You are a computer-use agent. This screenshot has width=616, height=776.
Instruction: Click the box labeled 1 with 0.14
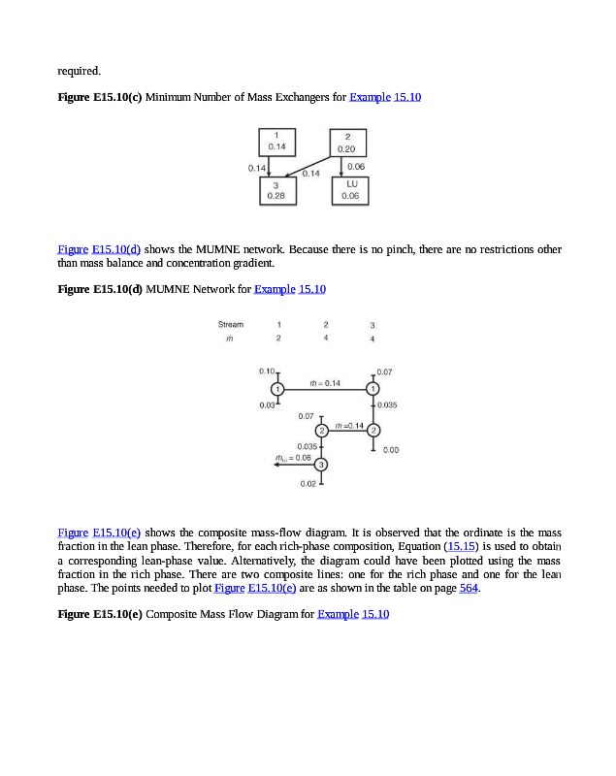click(276, 141)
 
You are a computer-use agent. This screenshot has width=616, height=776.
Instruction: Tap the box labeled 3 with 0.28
click(276, 189)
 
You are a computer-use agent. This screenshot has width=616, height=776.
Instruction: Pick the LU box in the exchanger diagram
click(350, 189)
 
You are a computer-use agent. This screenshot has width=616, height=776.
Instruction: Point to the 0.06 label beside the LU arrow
click(356, 167)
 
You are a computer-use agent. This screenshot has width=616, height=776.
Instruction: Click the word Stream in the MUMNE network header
click(231, 324)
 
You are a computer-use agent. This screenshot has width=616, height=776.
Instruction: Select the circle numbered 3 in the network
click(321, 465)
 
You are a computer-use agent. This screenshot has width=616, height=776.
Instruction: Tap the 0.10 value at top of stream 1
click(268, 372)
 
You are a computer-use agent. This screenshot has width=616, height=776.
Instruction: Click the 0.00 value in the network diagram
click(392, 450)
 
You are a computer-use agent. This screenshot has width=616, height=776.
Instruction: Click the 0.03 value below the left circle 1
click(268, 404)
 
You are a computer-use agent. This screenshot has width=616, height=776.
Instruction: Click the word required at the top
click(79, 70)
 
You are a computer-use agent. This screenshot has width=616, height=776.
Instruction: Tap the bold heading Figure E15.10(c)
click(100, 98)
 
